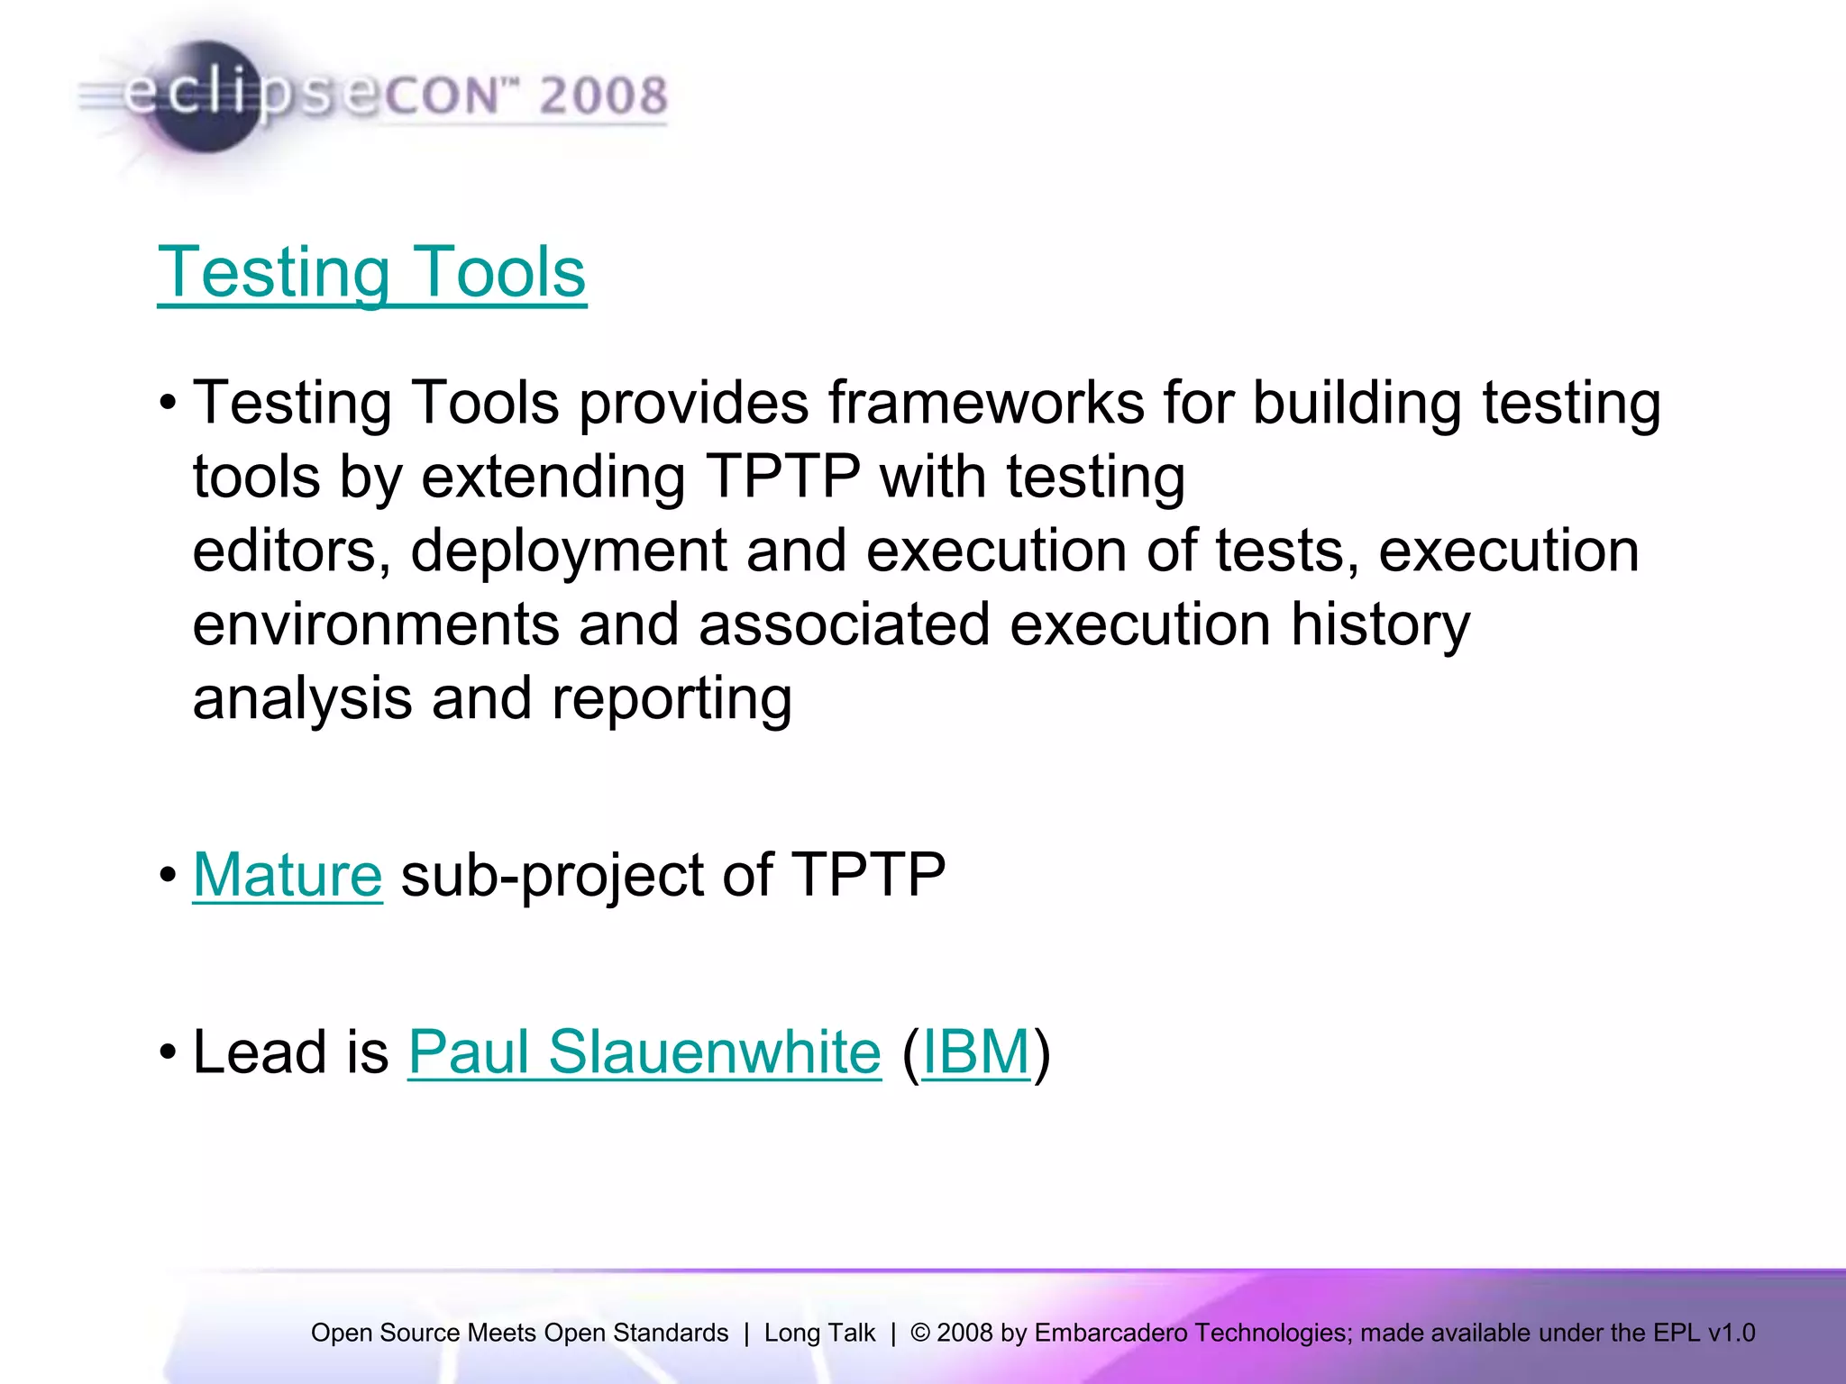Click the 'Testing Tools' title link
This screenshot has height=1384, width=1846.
(x=371, y=272)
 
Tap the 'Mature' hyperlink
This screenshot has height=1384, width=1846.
(x=288, y=875)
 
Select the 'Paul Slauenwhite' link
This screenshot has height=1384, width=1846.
(x=644, y=1052)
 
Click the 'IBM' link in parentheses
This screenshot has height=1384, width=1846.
(x=976, y=1052)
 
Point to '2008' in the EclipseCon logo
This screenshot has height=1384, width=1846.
(x=603, y=96)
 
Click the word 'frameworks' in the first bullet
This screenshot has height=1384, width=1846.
(x=986, y=403)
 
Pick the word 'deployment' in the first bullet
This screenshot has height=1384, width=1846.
(x=568, y=551)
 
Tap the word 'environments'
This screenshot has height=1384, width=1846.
(x=375, y=624)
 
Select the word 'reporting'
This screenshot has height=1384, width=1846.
(x=672, y=699)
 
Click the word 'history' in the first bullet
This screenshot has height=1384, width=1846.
(x=1379, y=624)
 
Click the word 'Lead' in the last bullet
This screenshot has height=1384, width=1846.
(x=260, y=1052)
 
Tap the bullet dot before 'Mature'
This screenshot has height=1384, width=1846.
(x=168, y=876)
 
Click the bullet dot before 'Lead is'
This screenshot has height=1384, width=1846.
(x=168, y=1052)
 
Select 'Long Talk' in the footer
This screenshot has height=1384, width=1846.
(x=819, y=1333)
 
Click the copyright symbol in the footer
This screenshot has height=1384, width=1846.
(x=919, y=1333)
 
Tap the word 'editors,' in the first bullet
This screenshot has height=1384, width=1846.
(x=292, y=551)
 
